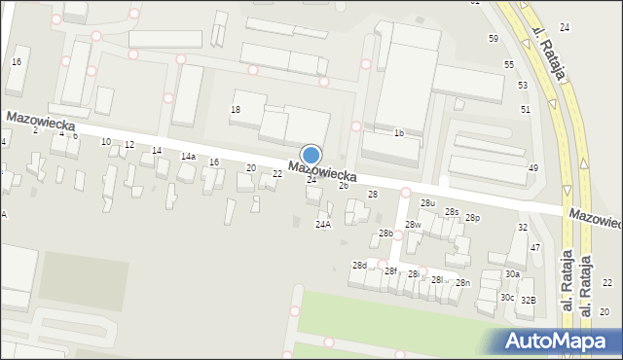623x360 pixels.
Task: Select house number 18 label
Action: (235, 110)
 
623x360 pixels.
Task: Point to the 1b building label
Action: (398, 132)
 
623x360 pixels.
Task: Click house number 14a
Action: (187, 156)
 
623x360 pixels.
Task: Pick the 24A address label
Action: (322, 224)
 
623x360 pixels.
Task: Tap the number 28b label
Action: (386, 234)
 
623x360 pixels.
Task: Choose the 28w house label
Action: (413, 225)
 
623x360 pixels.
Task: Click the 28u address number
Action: (427, 202)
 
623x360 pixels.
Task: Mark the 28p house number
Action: (472, 218)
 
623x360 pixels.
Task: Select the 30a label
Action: (512, 274)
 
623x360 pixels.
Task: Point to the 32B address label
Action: (528, 300)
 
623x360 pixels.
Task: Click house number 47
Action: (535, 248)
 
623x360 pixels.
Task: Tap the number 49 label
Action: (532, 168)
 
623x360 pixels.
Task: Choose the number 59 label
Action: (494, 38)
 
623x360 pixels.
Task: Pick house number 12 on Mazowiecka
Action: (128, 145)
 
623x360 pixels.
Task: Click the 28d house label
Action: (359, 266)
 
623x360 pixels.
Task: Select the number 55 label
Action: (509, 63)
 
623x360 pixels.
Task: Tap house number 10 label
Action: (106, 142)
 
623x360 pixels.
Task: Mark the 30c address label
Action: (507, 297)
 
